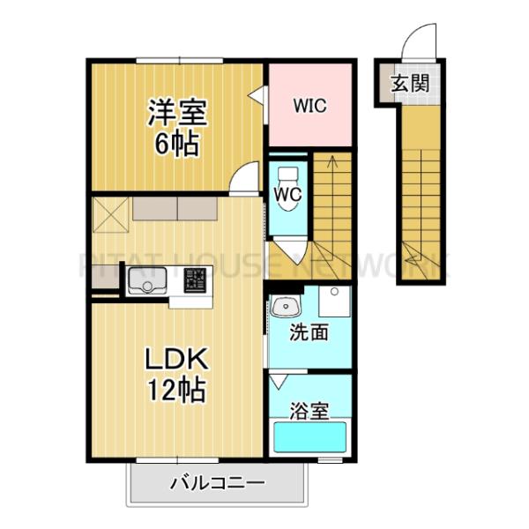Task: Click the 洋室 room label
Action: (177, 114)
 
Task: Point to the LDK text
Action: (176, 360)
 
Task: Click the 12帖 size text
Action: (176, 388)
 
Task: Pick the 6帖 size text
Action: (177, 144)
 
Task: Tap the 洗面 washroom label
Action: (309, 332)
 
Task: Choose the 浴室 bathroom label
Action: (309, 411)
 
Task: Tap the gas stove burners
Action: (195, 282)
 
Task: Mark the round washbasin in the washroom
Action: (284, 308)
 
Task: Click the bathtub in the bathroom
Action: (310, 437)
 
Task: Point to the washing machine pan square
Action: (334, 303)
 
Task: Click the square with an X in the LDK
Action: (110, 212)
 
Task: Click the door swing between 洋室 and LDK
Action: (241, 180)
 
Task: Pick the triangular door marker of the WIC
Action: (256, 96)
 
